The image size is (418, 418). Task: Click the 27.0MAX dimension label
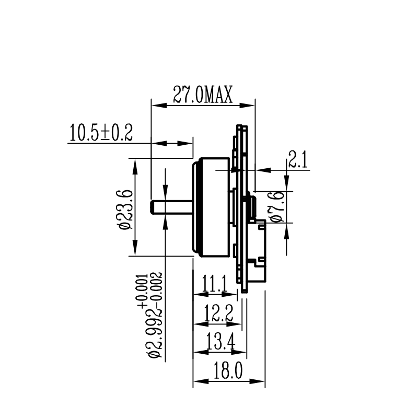click(x=203, y=95)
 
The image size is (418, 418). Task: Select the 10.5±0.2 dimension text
click(x=101, y=133)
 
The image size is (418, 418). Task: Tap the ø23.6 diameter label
click(x=125, y=210)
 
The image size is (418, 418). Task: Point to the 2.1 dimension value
click(x=298, y=159)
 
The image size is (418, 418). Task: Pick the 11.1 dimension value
click(x=215, y=284)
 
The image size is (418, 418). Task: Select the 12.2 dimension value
click(x=218, y=313)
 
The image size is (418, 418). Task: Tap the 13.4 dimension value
click(x=220, y=342)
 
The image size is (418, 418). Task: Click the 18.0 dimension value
click(x=228, y=371)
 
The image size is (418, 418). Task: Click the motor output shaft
click(x=171, y=207)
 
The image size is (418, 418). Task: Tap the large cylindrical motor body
click(x=211, y=207)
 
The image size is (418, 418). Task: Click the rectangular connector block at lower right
click(x=257, y=251)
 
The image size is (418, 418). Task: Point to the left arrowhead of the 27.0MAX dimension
click(x=159, y=106)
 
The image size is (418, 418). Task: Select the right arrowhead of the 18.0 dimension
click(x=257, y=381)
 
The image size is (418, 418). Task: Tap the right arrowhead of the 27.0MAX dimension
click(x=247, y=106)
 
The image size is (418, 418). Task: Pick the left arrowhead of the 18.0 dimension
click(x=201, y=381)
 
